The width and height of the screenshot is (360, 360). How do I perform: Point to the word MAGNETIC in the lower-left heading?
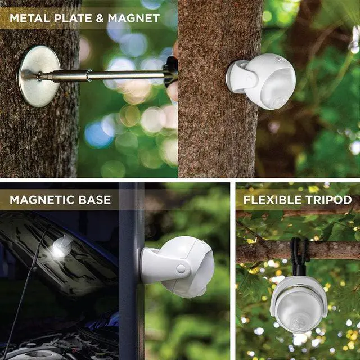[x=45, y=200]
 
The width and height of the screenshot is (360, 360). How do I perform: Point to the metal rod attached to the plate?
[x=101, y=75]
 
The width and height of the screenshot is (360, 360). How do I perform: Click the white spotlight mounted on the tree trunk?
[x=261, y=80]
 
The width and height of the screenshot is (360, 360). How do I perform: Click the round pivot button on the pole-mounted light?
[x=181, y=269]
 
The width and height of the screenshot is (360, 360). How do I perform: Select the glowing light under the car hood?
[x=60, y=249]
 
